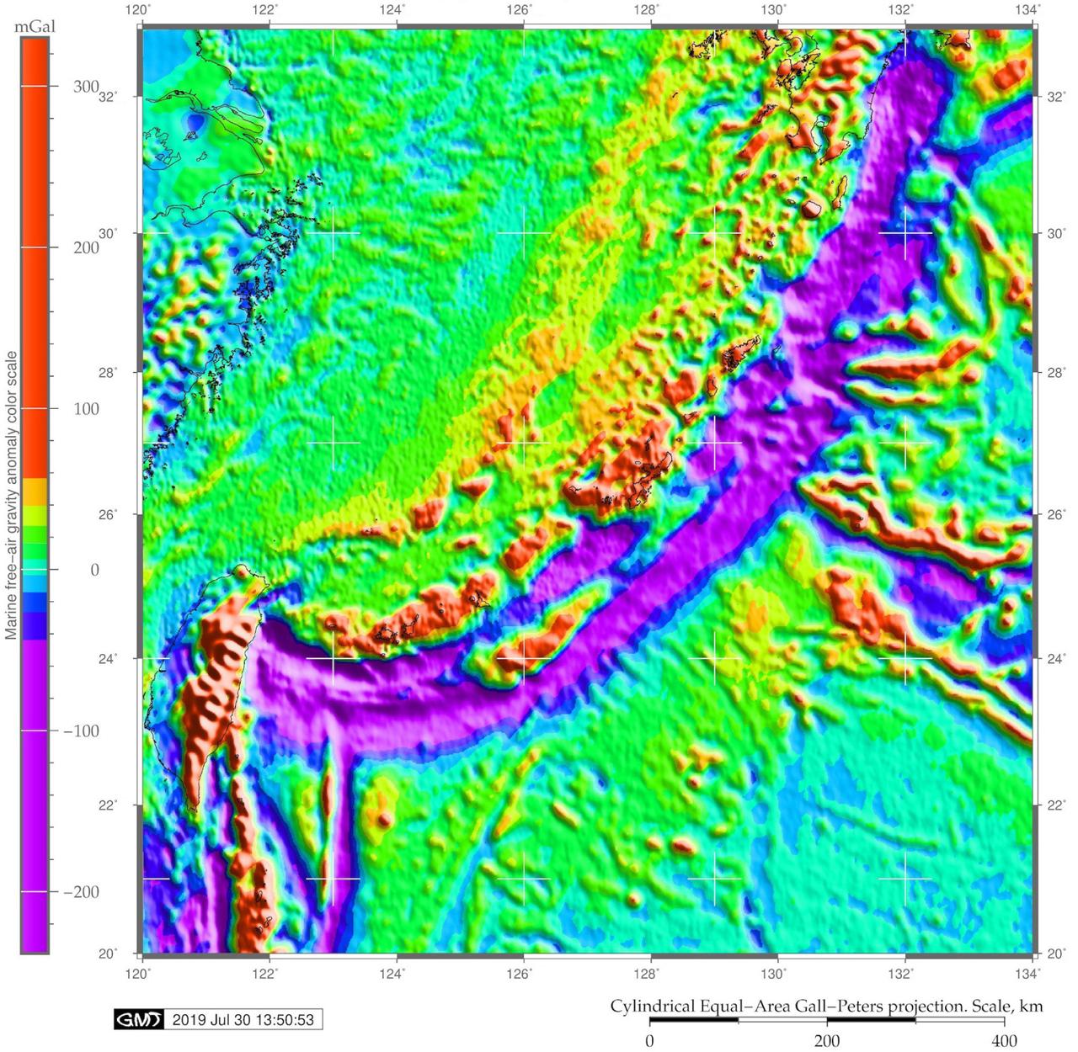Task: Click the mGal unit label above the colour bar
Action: (35, 27)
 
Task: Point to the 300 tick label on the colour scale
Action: (86, 87)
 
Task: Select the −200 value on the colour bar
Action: (82, 892)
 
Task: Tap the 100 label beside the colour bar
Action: (86, 409)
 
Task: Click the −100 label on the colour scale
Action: (82, 731)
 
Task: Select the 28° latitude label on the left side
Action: (108, 373)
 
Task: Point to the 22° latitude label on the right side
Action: (1056, 805)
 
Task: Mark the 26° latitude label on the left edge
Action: (108, 514)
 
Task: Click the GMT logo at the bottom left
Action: (138, 1020)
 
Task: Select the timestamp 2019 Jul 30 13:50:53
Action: (243, 1020)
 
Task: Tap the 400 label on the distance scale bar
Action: (1004, 1041)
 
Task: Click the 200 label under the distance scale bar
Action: (827, 1041)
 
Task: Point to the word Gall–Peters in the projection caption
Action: (846, 1006)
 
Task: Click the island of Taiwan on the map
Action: (211, 690)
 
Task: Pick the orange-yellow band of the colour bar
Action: (35, 491)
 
